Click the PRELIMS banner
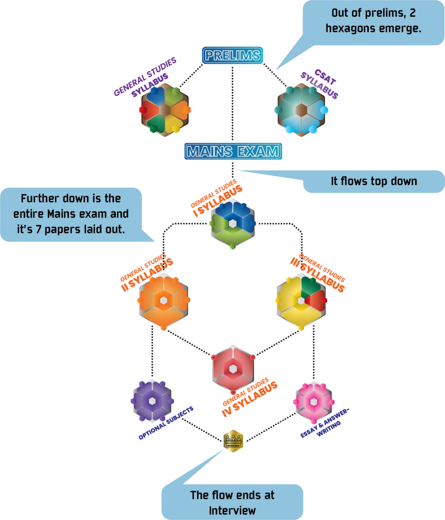232,55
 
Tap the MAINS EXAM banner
233,151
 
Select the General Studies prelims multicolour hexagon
165,110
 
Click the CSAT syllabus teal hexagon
301,110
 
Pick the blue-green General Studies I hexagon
233,223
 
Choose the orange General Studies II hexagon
164,301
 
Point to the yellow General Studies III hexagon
301,301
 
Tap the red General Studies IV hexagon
233,369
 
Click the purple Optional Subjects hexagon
152,401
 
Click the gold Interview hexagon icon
233,440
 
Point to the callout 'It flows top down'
373,181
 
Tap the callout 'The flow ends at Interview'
232,502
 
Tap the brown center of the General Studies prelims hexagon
165,110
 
